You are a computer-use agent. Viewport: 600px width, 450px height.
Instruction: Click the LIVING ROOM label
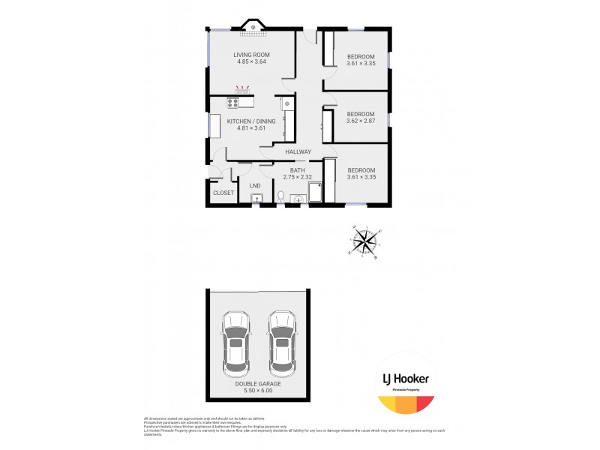click(x=251, y=55)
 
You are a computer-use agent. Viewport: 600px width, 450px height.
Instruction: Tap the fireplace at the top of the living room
click(x=254, y=28)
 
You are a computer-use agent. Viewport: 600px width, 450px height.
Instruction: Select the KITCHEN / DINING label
click(x=251, y=121)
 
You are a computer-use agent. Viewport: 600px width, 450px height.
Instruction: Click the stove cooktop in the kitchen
click(x=233, y=103)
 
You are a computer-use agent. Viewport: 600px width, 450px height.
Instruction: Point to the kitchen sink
click(x=286, y=103)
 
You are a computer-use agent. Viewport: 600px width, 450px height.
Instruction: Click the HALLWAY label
click(x=298, y=152)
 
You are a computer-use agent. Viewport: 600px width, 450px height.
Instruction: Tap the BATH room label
click(x=298, y=170)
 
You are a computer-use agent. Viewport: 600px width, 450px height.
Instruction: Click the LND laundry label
click(x=255, y=186)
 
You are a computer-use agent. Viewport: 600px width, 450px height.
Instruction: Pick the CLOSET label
click(x=223, y=193)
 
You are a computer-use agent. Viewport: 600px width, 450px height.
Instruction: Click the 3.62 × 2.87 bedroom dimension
click(x=361, y=121)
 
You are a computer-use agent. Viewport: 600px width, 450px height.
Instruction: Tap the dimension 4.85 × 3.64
click(x=251, y=62)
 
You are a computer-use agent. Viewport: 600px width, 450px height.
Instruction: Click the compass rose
click(x=365, y=241)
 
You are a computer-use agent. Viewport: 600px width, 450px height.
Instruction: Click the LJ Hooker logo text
click(x=405, y=379)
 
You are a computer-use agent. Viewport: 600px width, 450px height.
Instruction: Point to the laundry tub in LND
click(x=256, y=199)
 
